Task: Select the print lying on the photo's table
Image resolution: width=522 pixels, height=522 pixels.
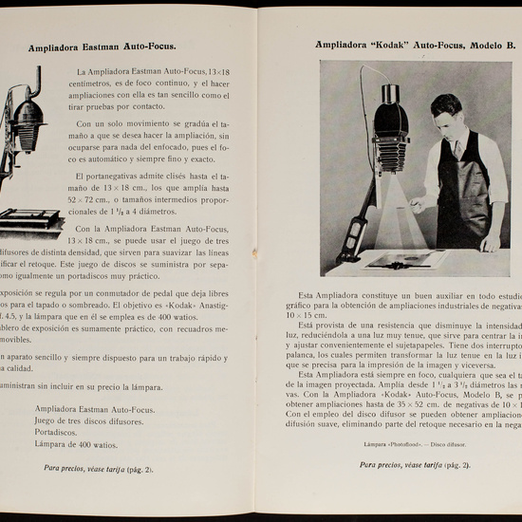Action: (x=400, y=257)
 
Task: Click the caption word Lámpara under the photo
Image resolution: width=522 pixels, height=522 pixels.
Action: (x=378, y=442)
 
